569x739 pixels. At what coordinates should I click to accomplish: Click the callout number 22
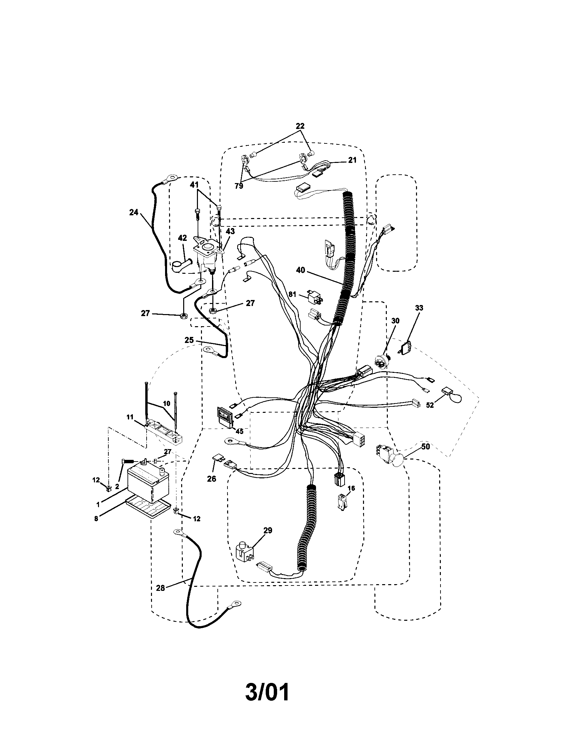pos(300,126)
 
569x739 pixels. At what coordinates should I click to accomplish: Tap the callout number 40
pos(300,270)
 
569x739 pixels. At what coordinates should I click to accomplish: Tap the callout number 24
pos(134,213)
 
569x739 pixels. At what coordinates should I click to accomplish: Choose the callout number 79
pos(239,186)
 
